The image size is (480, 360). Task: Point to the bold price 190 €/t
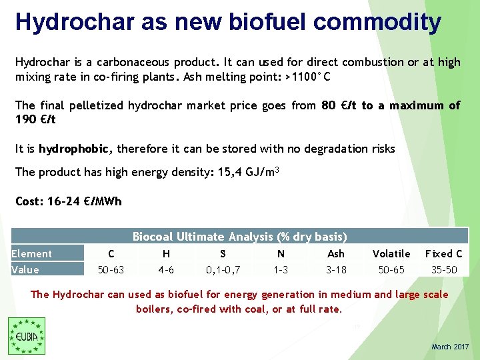click(x=35, y=119)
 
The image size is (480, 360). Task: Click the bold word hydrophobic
click(x=77, y=149)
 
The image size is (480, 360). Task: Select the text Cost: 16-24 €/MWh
click(x=69, y=201)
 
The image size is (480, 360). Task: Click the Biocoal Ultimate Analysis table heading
click(x=239, y=237)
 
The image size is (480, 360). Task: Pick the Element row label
click(x=31, y=253)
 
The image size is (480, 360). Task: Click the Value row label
click(x=25, y=269)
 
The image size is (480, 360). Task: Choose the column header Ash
click(x=336, y=253)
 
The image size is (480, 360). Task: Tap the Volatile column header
click(x=391, y=253)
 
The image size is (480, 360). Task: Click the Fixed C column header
click(x=444, y=253)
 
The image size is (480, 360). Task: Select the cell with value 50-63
click(x=111, y=269)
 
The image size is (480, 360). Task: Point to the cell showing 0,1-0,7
click(x=223, y=269)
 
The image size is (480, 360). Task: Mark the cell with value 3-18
click(x=336, y=269)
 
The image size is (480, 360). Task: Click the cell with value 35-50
click(x=444, y=269)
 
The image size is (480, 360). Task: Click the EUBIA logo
click(x=26, y=335)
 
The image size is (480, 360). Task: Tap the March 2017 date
click(x=450, y=347)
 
